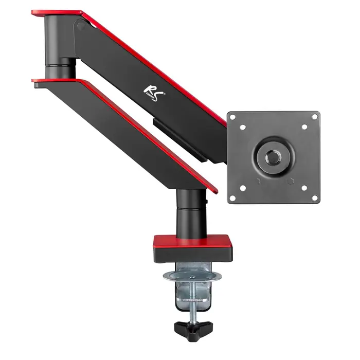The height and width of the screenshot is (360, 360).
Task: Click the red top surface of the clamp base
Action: pos(192,241)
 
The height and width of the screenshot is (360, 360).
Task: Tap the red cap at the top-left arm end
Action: pos(57,12)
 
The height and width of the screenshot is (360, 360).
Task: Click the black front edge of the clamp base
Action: pos(192,254)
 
